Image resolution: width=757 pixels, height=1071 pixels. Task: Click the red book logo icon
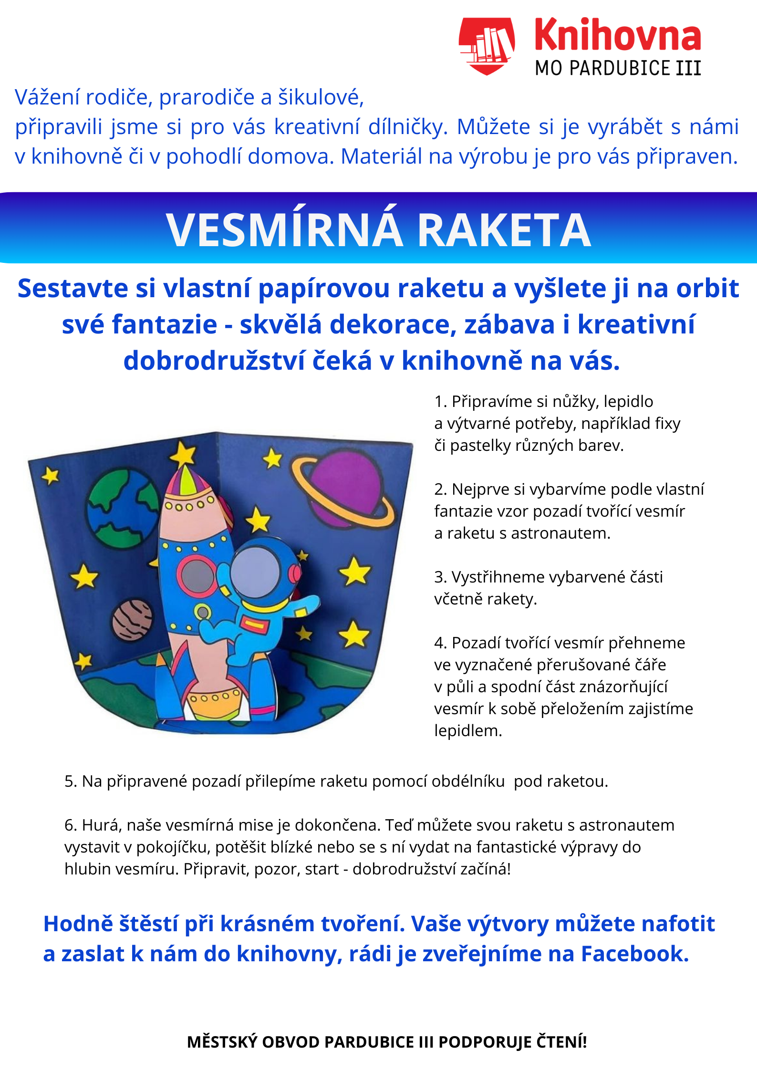point(487,45)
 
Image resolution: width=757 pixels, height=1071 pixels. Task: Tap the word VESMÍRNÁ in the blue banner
point(284,230)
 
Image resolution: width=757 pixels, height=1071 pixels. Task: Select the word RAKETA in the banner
point(504,230)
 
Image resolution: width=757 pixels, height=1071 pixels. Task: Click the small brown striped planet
point(133,620)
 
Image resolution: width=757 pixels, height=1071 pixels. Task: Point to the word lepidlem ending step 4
point(467,731)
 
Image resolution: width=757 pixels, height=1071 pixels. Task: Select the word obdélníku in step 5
point(468,781)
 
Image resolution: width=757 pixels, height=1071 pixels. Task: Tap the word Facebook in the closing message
point(634,954)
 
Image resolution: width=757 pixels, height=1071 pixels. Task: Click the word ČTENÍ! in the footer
point(562,1042)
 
